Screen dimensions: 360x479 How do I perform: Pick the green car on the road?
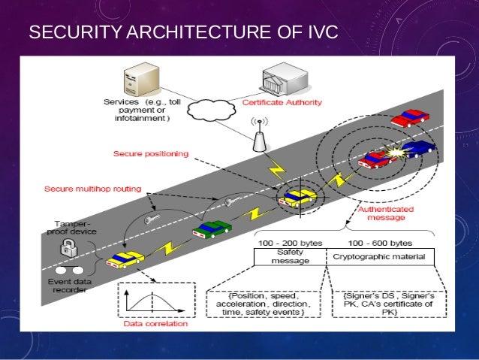click(212, 228)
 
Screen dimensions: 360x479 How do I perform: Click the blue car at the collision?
click(417, 148)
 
